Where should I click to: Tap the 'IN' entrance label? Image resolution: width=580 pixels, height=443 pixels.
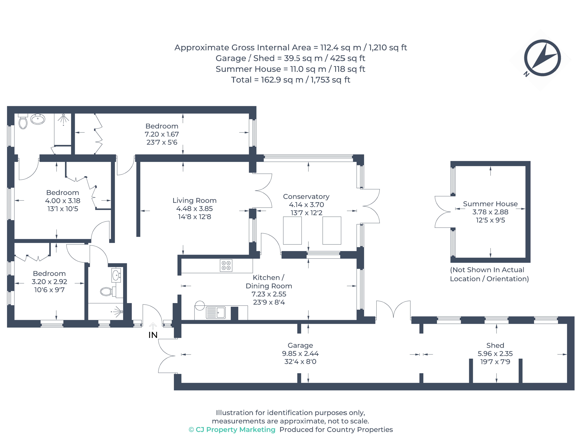pyautogui.click(x=153, y=335)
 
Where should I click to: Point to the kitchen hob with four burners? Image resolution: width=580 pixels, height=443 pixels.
pyautogui.click(x=226, y=265)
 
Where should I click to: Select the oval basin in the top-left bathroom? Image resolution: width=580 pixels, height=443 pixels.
pyautogui.click(x=38, y=119)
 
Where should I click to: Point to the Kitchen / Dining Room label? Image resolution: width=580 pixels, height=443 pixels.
pyautogui.click(x=269, y=282)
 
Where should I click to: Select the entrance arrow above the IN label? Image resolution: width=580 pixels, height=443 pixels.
pyautogui.click(x=153, y=326)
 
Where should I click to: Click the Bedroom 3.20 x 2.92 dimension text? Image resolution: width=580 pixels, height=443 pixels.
pyautogui.click(x=49, y=282)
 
